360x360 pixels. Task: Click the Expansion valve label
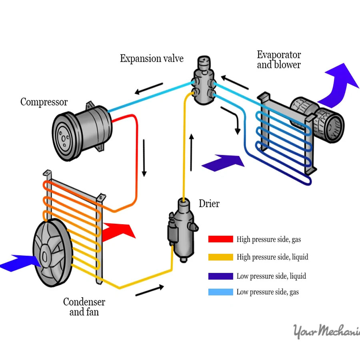pos(152,59)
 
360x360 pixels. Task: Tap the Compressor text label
pos(44,102)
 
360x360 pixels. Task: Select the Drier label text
pos(209,204)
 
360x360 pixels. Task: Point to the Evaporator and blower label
pos(279,60)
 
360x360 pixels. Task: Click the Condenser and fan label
pos(84,307)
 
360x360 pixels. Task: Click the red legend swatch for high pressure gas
pos(220,239)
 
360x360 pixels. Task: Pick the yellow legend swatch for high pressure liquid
pos(220,257)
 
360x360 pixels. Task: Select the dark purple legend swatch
pos(220,276)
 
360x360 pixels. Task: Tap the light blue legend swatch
pos(220,292)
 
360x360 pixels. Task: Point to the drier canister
pos(182,228)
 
